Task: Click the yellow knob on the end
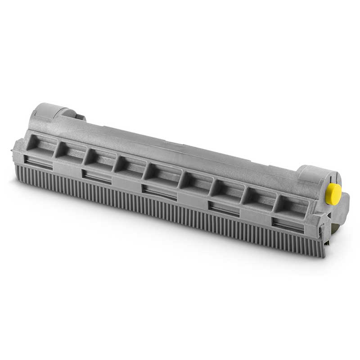click(333, 194)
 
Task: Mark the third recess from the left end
click(101, 158)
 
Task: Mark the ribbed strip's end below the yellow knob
click(317, 247)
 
